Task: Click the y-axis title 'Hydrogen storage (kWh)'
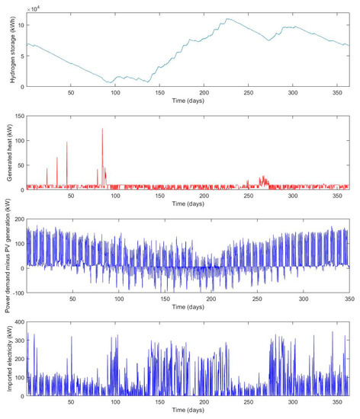7,48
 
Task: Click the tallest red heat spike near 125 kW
102,130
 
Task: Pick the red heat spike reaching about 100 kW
67,142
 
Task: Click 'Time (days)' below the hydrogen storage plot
188,101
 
